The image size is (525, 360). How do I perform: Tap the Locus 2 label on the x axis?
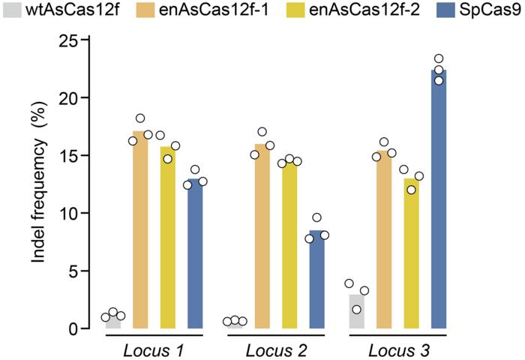(276, 349)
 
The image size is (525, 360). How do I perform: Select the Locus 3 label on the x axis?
(397, 349)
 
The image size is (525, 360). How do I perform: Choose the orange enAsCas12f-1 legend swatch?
(142, 13)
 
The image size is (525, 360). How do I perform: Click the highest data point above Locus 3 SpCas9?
(439, 58)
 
